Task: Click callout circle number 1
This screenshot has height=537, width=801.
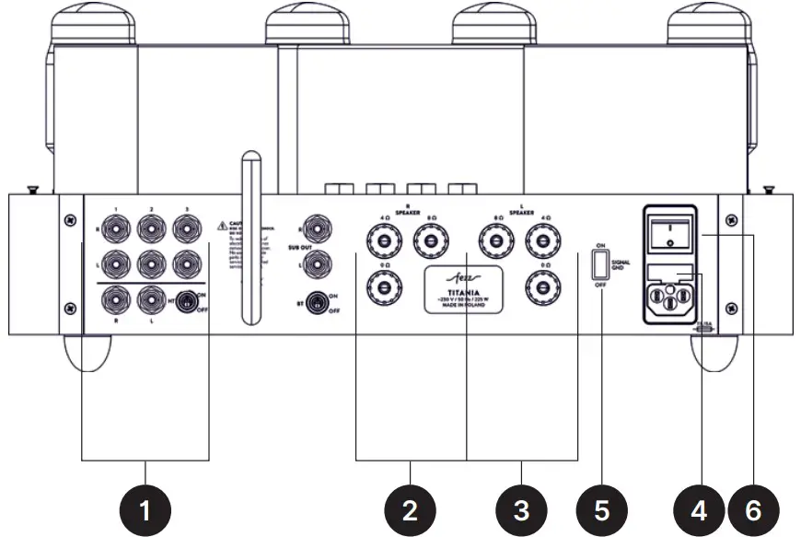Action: click(x=145, y=508)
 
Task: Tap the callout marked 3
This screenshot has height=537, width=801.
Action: click(x=522, y=508)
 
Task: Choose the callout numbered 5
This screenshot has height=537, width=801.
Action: click(x=601, y=508)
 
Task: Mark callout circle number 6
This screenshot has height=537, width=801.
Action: click(x=753, y=508)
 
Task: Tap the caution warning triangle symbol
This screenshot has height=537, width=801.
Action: click(x=222, y=225)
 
